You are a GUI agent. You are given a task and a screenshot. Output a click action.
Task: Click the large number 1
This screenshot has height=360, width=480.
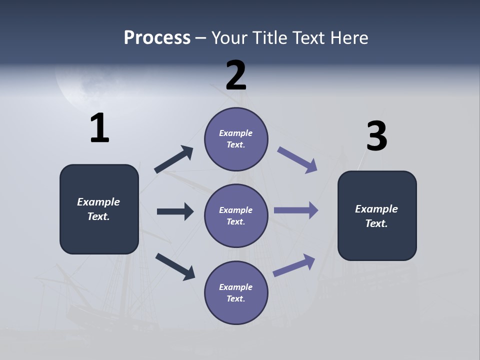(x=99, y=128)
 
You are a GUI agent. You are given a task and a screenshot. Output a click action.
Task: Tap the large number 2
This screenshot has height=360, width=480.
(x=236, y=75)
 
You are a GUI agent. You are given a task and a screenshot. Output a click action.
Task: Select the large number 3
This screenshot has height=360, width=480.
(x=376, y=136)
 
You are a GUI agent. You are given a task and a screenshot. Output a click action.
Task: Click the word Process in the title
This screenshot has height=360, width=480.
(x=157, y=37)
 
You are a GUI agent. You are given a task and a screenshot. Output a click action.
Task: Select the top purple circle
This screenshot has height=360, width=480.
(x=236, y=139)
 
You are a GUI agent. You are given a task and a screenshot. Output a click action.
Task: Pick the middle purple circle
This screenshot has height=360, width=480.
(x=236, y=215)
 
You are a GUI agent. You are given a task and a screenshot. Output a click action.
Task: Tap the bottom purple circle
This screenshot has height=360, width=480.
(x=236, y=292)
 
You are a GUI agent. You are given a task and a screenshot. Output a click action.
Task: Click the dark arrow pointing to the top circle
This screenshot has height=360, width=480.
(x=174, y=159)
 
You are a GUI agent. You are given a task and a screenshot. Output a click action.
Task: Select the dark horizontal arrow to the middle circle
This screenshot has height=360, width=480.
(x=175, y=211)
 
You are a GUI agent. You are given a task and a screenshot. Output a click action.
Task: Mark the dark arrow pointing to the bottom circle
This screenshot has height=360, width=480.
(x=175, y=266)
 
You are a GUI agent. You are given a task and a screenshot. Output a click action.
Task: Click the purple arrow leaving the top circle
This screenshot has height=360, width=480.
(x=297, y=160)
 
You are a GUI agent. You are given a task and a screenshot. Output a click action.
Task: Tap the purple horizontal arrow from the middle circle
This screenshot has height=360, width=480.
(x=296, y=210)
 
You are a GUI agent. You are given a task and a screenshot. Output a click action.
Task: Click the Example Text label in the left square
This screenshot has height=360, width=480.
(x=98, y=209)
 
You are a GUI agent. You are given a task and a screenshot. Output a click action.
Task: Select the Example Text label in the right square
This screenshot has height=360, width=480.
(x=376, y=216)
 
